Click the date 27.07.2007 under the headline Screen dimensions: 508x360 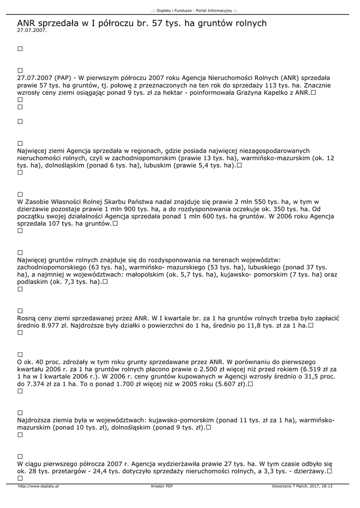coord(31,31)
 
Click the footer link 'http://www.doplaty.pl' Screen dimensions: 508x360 coord(38,486)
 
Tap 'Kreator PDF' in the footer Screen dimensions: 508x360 coord(162,486)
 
